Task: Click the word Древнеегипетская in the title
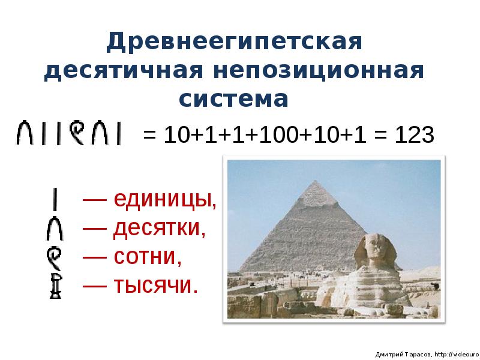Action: [235, 43]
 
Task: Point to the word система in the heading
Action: [235, 98]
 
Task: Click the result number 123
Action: [414, 134]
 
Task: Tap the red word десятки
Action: [159, 228]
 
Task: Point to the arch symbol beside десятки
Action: [56, 229]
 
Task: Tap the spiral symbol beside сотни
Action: [56, 257]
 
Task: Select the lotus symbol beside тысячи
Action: [56, 286]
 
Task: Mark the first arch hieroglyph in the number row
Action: [25, 133]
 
